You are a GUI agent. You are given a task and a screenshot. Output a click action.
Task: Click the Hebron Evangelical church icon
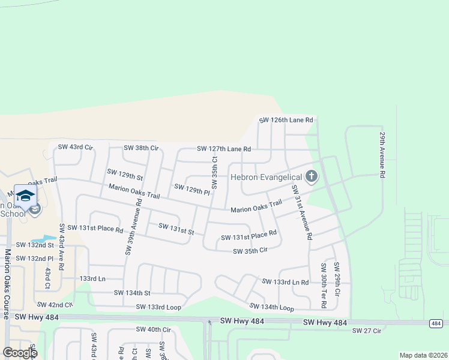(x=311, y=176)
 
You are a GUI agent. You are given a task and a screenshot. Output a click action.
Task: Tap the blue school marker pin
(x=26, y=196)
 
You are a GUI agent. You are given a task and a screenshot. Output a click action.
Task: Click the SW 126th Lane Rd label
(x=286, y=120)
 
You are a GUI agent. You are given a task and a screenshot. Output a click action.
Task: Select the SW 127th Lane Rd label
(x=223, y=149)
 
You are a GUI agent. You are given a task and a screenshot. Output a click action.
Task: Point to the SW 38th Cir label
(x=140, y=148)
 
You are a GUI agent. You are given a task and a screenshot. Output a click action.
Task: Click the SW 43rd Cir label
(x=75, y=147)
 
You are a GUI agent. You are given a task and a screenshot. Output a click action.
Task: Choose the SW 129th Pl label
(x=191, y=190)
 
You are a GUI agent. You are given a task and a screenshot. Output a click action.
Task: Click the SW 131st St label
(x=176, y=229)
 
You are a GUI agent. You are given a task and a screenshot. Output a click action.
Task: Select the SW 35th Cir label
(x=250, y=251)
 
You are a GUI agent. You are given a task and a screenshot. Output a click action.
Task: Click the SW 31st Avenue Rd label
(x=301, y=212)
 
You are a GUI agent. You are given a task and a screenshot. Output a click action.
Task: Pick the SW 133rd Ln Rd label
(x=285, y=281)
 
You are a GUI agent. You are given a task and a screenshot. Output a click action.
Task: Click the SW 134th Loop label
(x=271, y=308)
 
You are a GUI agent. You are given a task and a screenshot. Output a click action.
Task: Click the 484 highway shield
(x=435, y=323)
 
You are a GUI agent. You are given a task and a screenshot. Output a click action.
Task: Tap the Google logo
(x=20, y=352)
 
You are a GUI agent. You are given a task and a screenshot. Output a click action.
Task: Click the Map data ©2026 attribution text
(x=423, y=355)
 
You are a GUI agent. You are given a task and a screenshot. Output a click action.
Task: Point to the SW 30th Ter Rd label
(x=323, y=286)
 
